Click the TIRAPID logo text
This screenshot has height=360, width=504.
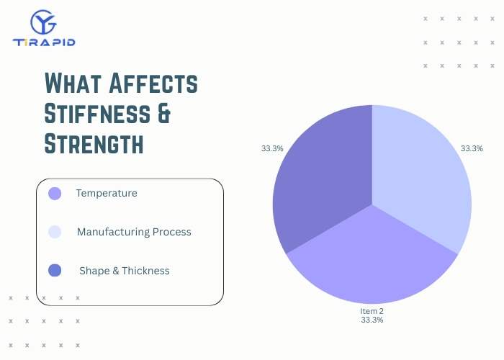point(44,42)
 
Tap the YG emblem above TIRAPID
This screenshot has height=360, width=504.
point(44,22)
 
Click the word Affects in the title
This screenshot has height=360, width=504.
point(153,84)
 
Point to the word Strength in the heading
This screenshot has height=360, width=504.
point(94,143)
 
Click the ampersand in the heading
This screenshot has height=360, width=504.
point(164,113)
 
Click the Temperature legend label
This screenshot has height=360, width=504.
point(107,193)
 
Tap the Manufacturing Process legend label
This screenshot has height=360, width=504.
point(134,232)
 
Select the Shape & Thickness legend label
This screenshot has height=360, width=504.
point(125,271)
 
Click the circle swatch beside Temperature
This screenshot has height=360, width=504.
point(55,193)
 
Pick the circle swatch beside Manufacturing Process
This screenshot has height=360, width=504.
point(55,232)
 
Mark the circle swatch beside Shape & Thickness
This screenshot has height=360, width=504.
point(55,271)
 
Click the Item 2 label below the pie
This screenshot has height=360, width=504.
point(372,311)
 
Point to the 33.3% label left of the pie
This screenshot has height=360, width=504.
point(272,148)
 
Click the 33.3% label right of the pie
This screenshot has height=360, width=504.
point(472,148)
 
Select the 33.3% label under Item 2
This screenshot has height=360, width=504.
point(372,320)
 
